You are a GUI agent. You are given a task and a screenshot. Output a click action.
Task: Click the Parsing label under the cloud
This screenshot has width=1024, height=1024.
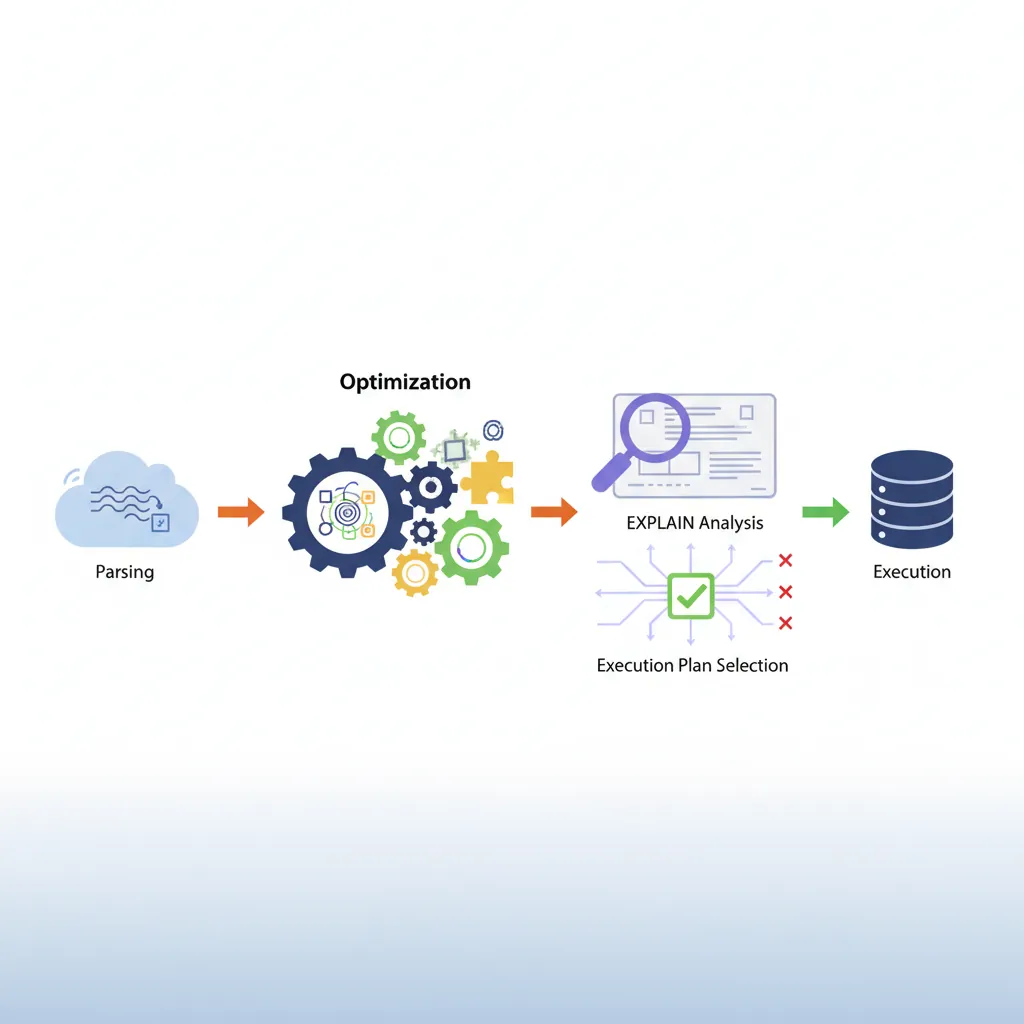125,572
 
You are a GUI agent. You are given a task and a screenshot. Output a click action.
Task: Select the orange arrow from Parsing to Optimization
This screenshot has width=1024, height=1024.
240,513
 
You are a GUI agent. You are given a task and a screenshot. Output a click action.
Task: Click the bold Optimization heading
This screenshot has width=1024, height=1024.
405,382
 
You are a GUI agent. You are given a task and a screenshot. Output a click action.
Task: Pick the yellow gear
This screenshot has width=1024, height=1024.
415,572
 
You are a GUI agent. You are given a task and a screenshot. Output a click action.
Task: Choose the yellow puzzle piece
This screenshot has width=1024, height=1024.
488,477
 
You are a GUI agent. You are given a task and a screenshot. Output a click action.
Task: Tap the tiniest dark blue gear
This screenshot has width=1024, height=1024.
424,532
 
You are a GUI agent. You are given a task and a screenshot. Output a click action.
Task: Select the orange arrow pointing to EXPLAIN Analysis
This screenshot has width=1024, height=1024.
553,513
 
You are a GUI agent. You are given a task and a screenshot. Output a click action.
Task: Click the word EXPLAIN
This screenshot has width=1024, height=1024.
660,522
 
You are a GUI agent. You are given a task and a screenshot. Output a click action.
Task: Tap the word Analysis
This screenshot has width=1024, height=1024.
731,522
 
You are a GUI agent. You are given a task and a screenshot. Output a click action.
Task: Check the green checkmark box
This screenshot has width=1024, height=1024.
690,597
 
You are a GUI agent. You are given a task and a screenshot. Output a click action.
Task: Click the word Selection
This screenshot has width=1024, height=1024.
751,665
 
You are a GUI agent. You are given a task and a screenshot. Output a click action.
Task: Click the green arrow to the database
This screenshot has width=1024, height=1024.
825,513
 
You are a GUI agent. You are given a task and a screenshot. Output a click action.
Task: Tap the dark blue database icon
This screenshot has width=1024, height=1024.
911,499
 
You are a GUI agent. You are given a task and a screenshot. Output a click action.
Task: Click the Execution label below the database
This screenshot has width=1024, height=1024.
912,572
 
